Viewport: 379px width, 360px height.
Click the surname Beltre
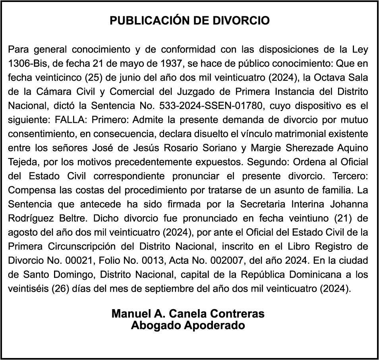[61, 218]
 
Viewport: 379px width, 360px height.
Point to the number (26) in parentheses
[61, 288]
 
